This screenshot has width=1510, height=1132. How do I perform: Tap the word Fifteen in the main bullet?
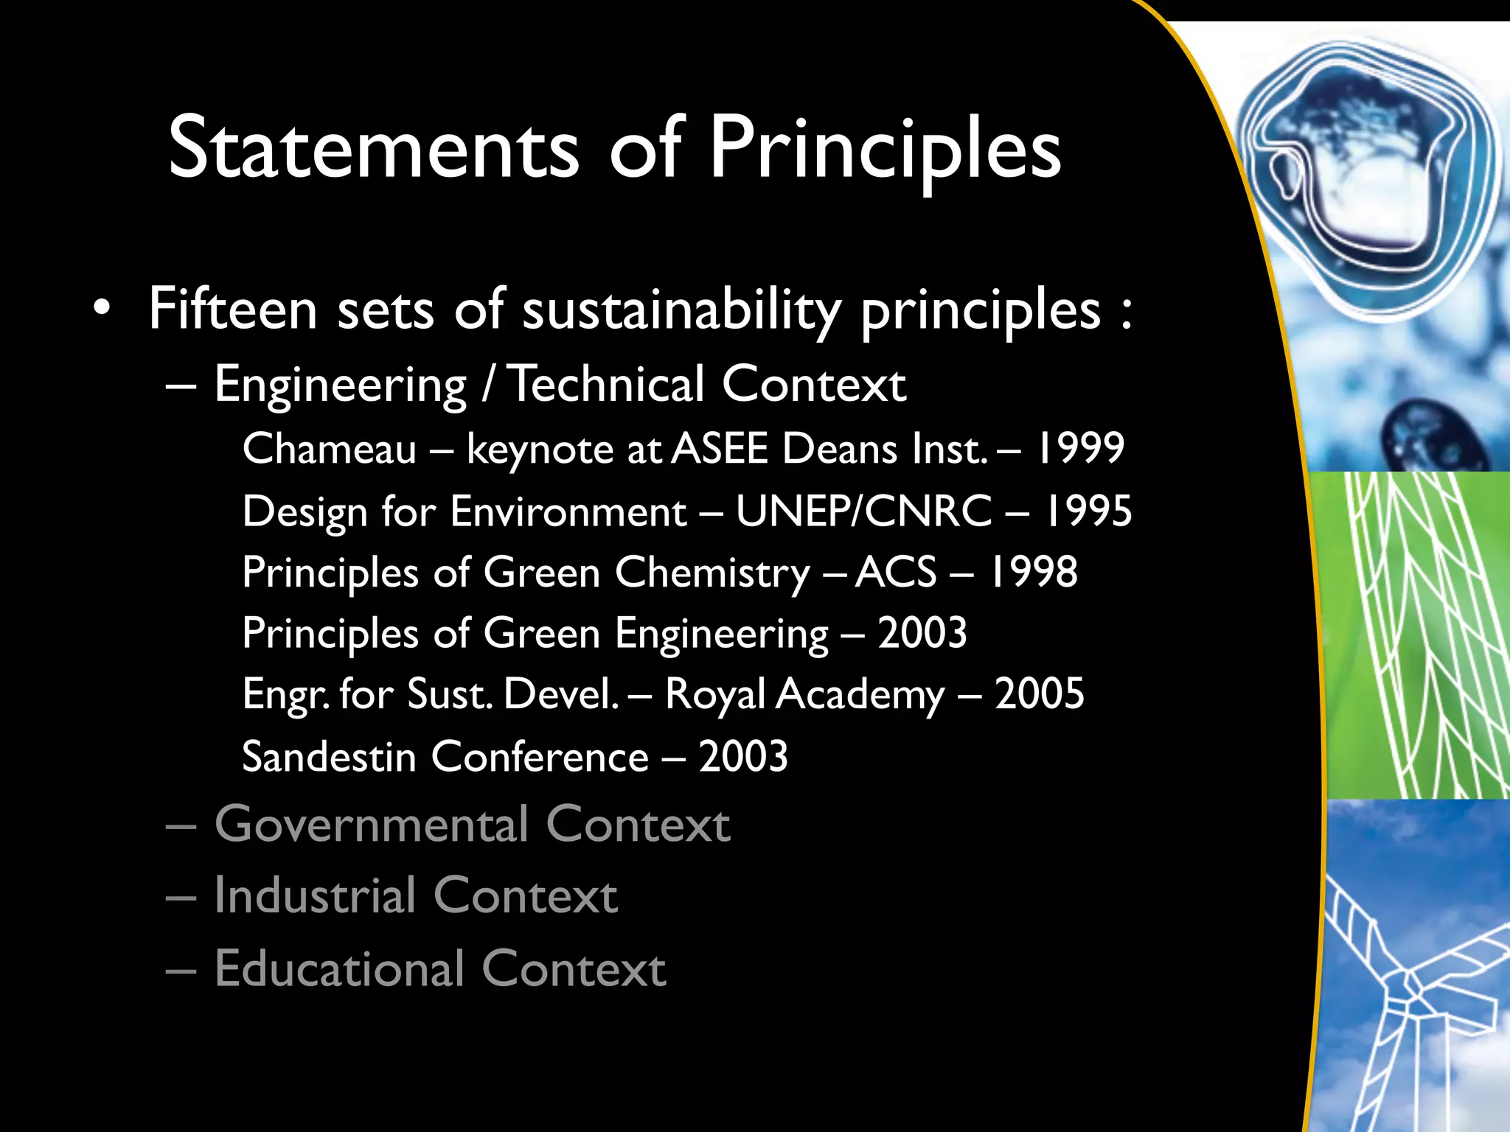(x=233, y=310)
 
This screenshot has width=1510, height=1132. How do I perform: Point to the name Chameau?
(x=330, y=449)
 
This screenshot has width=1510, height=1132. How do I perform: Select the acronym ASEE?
(x=720, y=449)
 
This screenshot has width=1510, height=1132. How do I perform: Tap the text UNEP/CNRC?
(x=864, y=511)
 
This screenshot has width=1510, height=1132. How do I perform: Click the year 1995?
(x=1088, y=511)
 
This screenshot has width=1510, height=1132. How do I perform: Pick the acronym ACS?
(x=896, y=573)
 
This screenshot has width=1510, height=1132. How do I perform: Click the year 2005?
(x=1039, y=693)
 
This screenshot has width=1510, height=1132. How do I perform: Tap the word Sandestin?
(x=329, y=757)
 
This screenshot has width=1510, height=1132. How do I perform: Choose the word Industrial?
(x=316, y=896)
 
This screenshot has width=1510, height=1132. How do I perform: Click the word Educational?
(x=340, y=968)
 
